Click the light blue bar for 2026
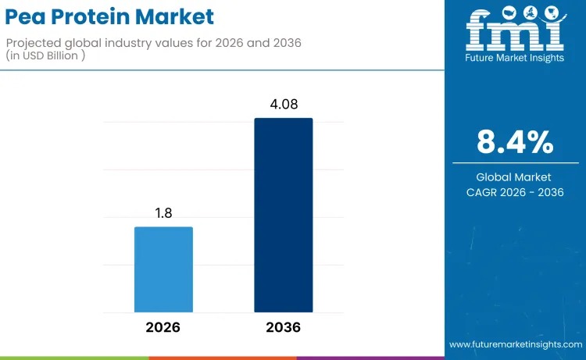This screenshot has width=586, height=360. (163, 269)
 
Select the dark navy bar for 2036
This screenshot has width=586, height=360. (283, 215)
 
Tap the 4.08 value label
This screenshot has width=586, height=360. (283, 104)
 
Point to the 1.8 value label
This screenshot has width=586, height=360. (163, 212)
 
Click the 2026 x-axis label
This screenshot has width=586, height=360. (163, 327)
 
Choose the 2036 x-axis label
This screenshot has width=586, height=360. (283, 327)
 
